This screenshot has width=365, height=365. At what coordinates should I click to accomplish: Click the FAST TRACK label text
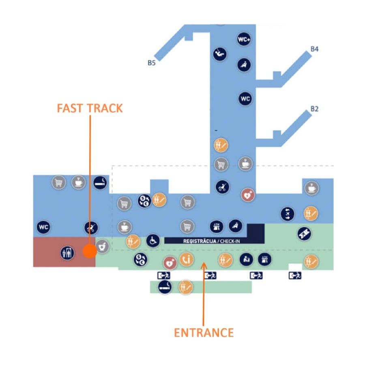pos(90,108)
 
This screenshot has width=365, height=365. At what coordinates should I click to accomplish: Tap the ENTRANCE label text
pos(204,333)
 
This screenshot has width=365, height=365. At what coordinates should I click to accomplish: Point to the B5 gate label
pos(152,63)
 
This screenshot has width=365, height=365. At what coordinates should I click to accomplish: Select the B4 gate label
pos(314,49)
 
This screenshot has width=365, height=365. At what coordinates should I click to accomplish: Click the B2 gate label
pos(314,109)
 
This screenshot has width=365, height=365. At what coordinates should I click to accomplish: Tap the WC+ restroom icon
pos(244,40)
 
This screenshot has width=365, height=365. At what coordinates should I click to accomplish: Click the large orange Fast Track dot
pos(90,251)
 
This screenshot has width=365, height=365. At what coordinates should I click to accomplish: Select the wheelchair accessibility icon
pos(153,240)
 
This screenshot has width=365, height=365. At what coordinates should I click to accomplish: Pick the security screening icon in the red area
pos(67,253)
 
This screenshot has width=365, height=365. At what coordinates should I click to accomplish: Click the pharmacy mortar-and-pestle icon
pos(102,247)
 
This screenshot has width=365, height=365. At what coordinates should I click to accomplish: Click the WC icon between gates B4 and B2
pos(245,99)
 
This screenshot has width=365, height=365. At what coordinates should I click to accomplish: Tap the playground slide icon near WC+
pos(220,54)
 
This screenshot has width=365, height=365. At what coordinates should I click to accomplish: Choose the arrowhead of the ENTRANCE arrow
pos(204,265)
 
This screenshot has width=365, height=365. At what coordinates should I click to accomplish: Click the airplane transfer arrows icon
pos(288,213)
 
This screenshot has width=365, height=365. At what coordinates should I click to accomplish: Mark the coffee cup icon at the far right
pos(311,188)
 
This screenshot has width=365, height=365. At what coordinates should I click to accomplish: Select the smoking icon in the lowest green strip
pos(165,287)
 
